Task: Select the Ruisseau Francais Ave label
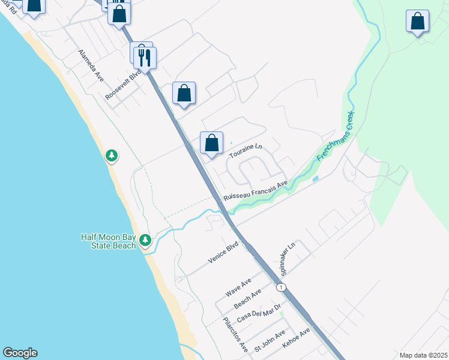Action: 256,190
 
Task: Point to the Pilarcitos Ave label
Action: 235,335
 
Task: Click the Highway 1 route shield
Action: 280,288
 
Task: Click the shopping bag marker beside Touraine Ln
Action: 211,143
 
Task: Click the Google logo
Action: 20,353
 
